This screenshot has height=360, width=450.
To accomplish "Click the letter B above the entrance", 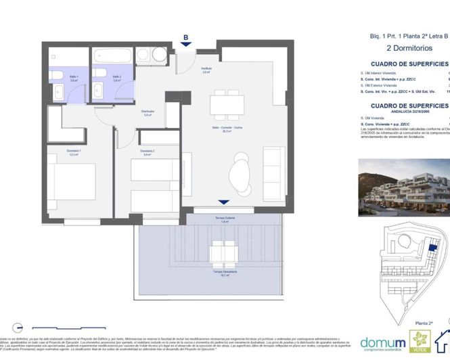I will (x=185, y=38).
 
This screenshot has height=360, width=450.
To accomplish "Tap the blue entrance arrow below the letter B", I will (x=185, y=46).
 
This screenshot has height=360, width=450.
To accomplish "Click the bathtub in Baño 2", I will (x=112, y=55).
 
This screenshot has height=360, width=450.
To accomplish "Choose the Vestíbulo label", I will (x=206, y=69).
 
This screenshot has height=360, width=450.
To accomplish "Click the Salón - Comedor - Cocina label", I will (x=223, y=129).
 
